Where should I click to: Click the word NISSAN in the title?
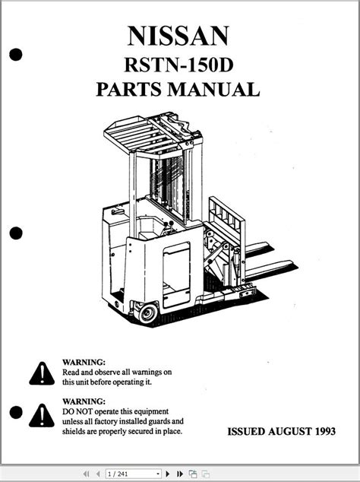[x=178, y=36]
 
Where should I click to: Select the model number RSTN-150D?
[x=178, y=65]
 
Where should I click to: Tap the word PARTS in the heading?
[x=128, y=90]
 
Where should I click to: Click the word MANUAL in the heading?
[x=213, y=90]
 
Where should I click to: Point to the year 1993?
[x=325, y=431]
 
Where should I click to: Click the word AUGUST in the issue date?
[x=289, y=431]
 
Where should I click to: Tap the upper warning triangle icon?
[x=42, y=373]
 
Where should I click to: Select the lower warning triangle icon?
[x=42, y=416]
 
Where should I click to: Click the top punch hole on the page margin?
[x=16, y=55]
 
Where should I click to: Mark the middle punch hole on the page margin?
[x=16, y=233]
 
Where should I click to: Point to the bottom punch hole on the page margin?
[x=16, y=412]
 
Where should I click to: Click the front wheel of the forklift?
[x=148, y=313]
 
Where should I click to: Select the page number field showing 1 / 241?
[x=133, y=474]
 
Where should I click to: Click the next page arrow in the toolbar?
[x=168, y=474]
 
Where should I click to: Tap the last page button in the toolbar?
[x=180, y=474]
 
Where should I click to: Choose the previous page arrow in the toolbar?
[x=98, y=474]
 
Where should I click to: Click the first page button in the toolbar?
[x=87, y=474]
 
